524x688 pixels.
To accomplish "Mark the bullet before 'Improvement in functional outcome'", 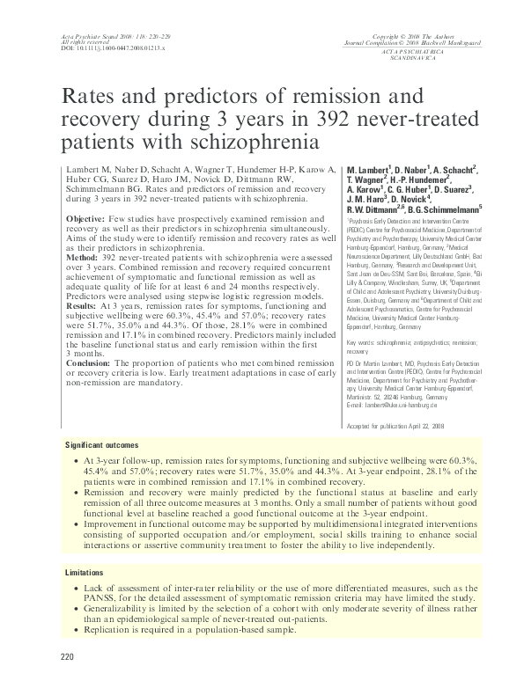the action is (x=82, y=524).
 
